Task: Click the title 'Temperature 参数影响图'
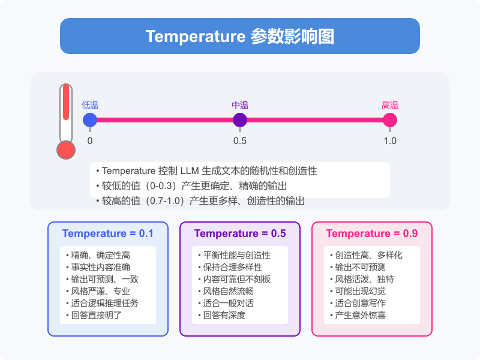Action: (x=240, y=36)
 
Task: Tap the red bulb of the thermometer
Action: (x=65, y=150)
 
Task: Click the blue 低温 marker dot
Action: (x=90, y=120)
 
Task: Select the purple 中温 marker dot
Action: (x=240, y=120)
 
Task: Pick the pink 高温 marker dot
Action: (x=390, y=120)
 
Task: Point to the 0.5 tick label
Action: (x=240, y=141)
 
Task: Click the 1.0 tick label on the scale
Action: (x=390, y=141)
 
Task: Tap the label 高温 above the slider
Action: (x=390, y=105)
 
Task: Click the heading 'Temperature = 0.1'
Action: (x=108, y=233)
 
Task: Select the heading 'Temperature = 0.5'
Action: (x=240, y=233)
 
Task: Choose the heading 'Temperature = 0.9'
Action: (x=372, y=233)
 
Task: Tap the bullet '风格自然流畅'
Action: (x=230, y=291)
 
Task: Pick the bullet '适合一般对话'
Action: (x=230, y=303)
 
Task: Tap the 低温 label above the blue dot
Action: (x=90, y=105)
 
